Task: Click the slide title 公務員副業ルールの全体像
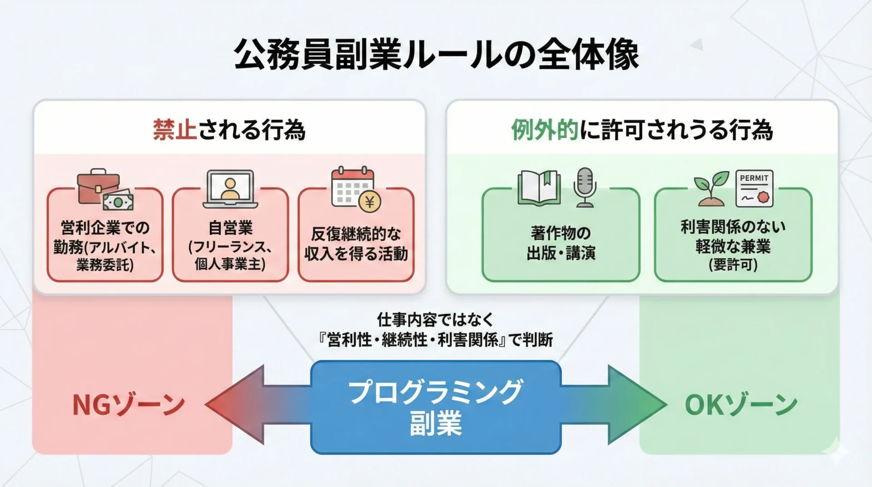(436, 55)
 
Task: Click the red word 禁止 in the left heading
(175, 130)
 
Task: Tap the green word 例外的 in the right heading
(545, 130)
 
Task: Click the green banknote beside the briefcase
(118, 200)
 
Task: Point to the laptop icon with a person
(230, 189)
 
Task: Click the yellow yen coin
(370, 202)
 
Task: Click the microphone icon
(585, 187)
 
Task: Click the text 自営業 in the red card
(230, 227)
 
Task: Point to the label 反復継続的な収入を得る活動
(356, 244)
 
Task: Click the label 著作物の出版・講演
(561, 243)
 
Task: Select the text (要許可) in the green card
(733, 265)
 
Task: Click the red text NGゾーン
(129, 405)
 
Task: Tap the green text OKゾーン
(741, 405)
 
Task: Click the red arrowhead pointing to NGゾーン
(227, 404)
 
